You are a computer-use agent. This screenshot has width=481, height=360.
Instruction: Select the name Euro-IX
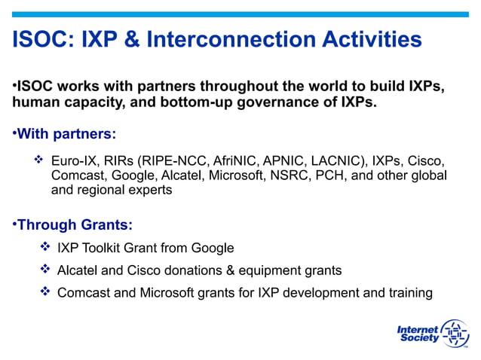pyautogui.click(x=73, y=161)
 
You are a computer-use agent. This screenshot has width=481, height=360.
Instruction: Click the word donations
pyautogui.click(x=193, y=270)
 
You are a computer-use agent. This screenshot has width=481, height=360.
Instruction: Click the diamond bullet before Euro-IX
pyautogui.click(x=39, y=161)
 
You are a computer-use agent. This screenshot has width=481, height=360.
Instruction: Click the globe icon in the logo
pyautogui.click(x=454, y=333)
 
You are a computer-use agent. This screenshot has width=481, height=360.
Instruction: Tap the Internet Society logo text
pyautogui.click(x=418, y=334)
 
